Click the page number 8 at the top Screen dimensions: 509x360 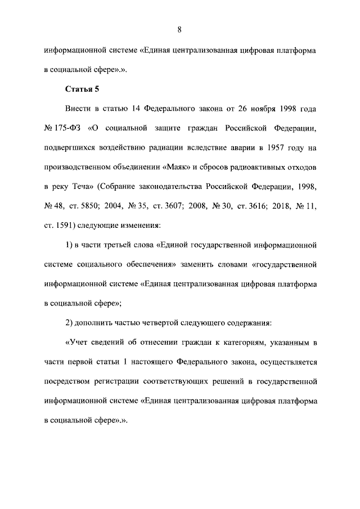[x=179, y=30]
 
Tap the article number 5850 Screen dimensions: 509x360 [x=103, y=206]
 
